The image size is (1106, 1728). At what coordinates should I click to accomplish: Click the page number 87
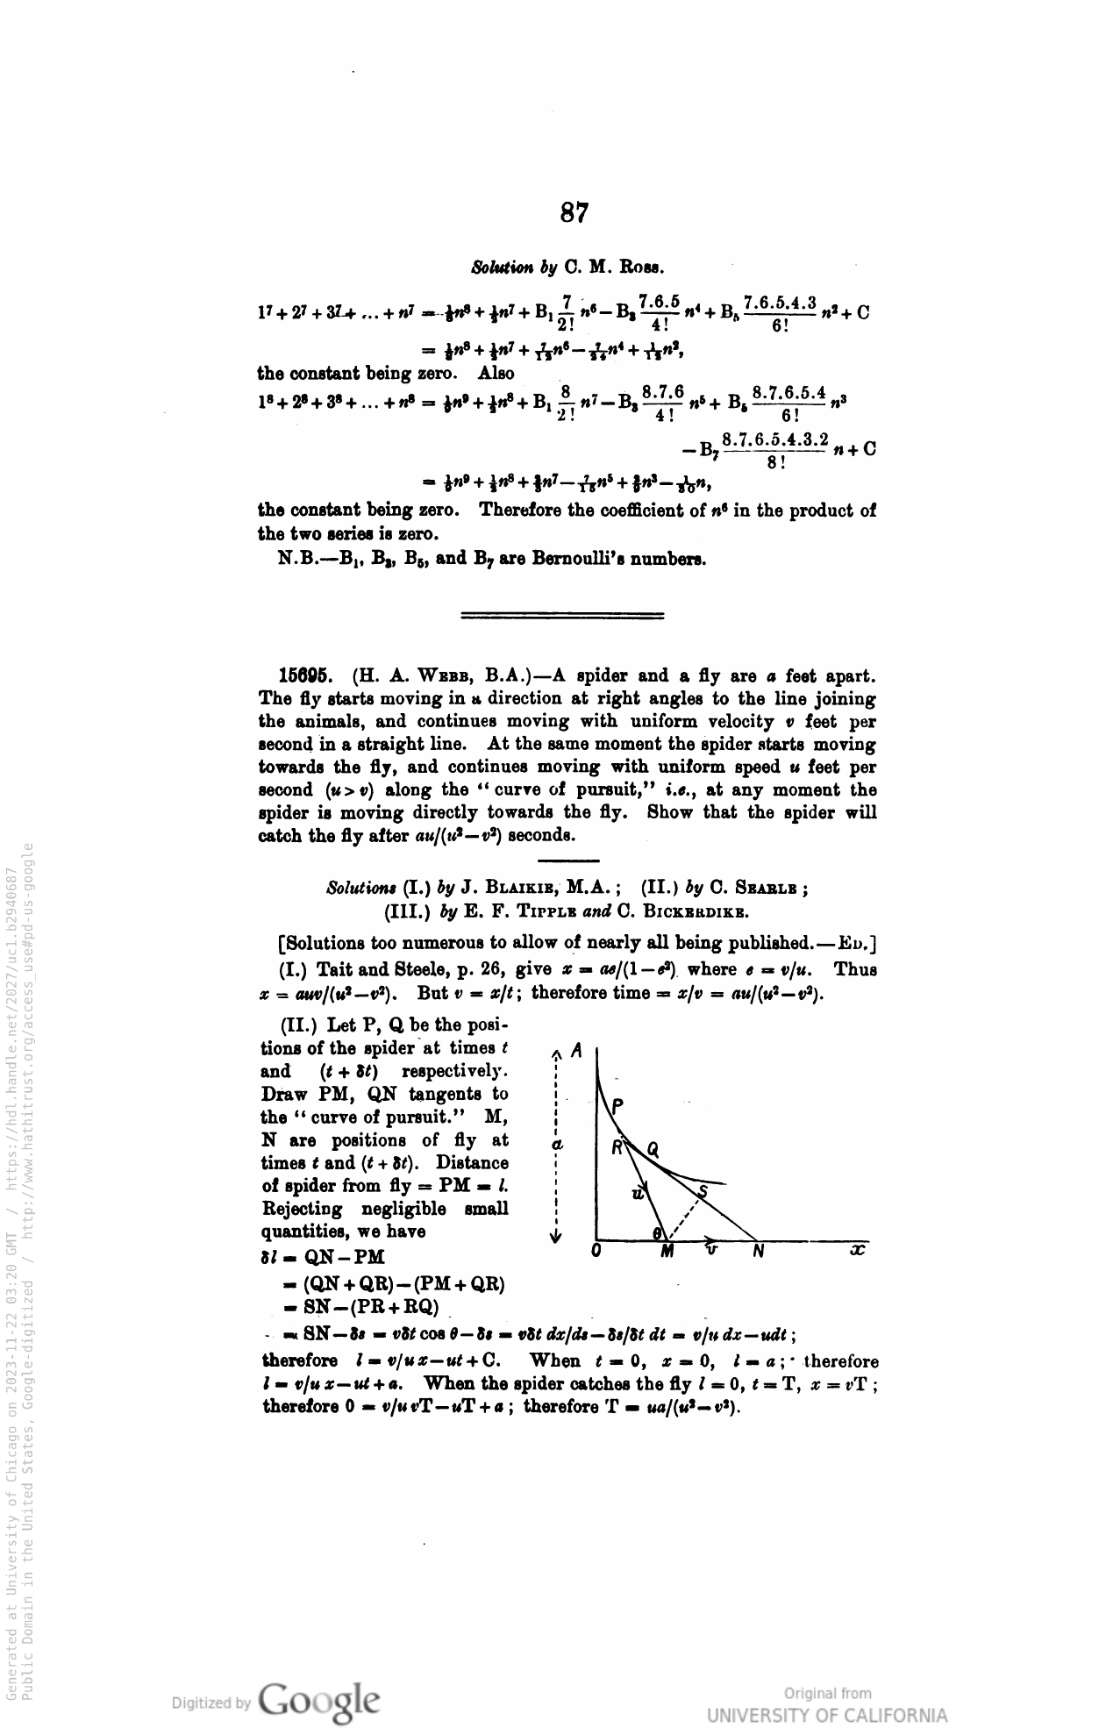click(x=574, y=213)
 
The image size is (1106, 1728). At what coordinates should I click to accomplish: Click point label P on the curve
click(x=618, y=1108)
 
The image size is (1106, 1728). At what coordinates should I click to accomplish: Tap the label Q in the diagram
click(x=653, y=1149)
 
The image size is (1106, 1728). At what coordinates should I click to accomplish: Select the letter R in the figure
click(x=617, y=1146)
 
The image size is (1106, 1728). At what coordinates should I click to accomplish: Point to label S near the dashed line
click(x=702, y=1190)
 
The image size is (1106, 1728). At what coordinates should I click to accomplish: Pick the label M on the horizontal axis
click(x=667, y=1252)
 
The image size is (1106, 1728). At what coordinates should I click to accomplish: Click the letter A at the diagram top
click(x=575, y=1050)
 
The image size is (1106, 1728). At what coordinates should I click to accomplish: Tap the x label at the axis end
click(x=858, y=1250)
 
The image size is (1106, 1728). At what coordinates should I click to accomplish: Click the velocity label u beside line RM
click(x=638, y=1193)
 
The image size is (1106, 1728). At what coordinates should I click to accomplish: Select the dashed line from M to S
click(x=685, y=1217)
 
